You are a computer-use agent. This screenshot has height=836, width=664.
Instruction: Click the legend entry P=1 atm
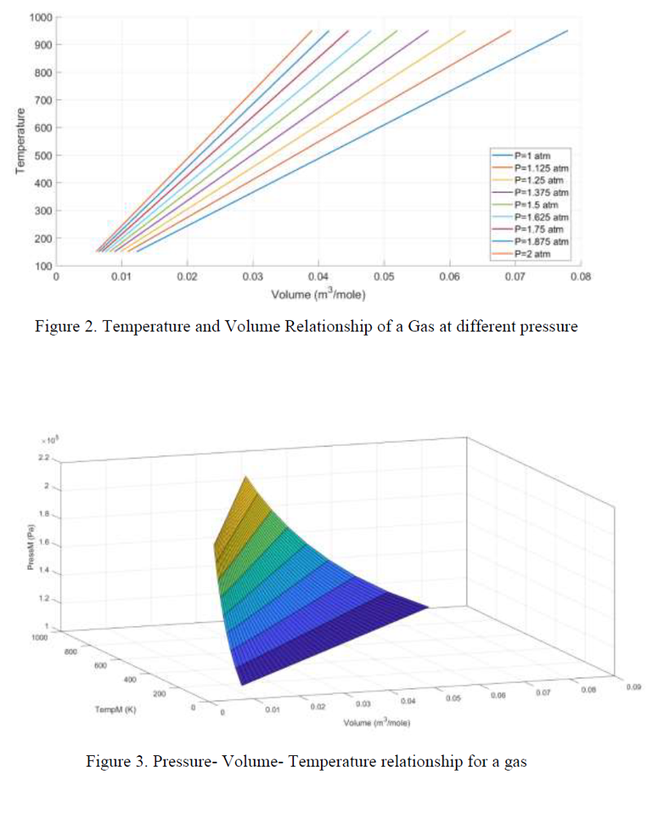coord(532,154)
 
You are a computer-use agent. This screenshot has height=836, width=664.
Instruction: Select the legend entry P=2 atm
coord(532,254)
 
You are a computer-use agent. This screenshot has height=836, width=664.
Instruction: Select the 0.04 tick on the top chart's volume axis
coord(318,278)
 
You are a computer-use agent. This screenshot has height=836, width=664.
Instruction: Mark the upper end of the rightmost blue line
coord(567,31)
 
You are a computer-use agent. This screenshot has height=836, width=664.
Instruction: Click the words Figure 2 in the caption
coord(63,327)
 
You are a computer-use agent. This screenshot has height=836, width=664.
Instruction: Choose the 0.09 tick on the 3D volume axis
coord(634,687)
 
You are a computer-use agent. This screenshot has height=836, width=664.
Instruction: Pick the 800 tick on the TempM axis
coord(72,651)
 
